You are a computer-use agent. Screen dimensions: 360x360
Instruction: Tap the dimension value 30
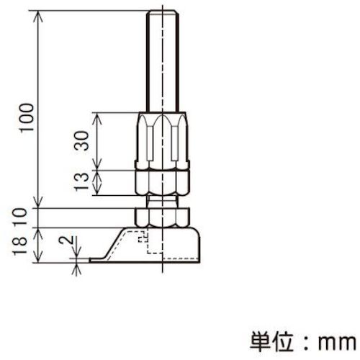[x=84, y=141]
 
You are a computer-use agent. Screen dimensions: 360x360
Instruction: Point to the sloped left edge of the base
[x=110, y=246]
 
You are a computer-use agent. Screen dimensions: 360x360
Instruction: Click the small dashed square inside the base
[x=143, y=235]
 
